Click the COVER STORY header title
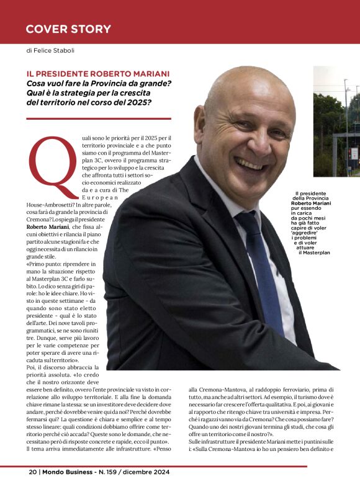tap(68, 29)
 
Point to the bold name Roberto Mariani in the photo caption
tap(313, 203)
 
